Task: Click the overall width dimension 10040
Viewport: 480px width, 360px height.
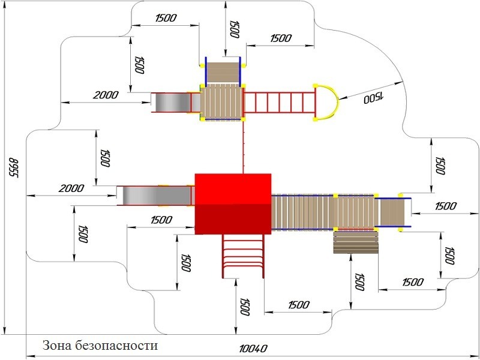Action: [x=253, y=349]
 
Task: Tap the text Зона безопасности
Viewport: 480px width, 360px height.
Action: [x=100, y=346]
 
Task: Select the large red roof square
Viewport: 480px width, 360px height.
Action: [x=233, y=203]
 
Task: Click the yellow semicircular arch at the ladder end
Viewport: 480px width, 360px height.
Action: [x=328, y=103]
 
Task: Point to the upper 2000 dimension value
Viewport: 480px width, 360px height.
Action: [x=106, y=95]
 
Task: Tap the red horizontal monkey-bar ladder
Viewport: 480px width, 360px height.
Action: [x=278, y=103]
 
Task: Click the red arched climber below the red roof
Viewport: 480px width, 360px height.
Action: [x=243, y=256]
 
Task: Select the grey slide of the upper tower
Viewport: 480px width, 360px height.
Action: [x=170, y=102]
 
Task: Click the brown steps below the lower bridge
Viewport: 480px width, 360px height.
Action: [x=356, y=241]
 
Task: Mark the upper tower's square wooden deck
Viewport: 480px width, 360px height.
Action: [x=222, y=101]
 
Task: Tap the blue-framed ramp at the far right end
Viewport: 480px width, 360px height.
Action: [x=394, y=211]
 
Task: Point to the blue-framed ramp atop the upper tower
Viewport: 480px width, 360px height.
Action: [x=223, y=71]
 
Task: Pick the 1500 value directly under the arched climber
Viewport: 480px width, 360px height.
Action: [x=244, y=308]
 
